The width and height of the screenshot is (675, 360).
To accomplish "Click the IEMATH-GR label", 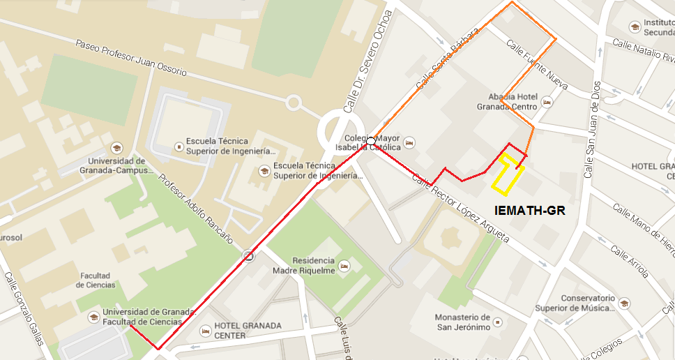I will point(529,210).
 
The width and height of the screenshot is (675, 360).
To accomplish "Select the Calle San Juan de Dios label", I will point(591,129).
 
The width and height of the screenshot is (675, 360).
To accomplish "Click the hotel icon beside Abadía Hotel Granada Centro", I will point(547,103).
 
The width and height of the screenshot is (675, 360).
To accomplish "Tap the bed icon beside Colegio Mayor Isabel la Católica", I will point(410,142).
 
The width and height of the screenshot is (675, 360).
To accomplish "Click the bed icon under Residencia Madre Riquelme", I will point(343,265).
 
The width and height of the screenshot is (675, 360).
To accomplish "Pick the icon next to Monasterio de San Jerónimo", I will point(496,322).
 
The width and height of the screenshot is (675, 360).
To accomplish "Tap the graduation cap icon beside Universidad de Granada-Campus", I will point(117,148).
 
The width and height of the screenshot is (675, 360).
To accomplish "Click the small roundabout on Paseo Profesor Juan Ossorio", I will point(294,103).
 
